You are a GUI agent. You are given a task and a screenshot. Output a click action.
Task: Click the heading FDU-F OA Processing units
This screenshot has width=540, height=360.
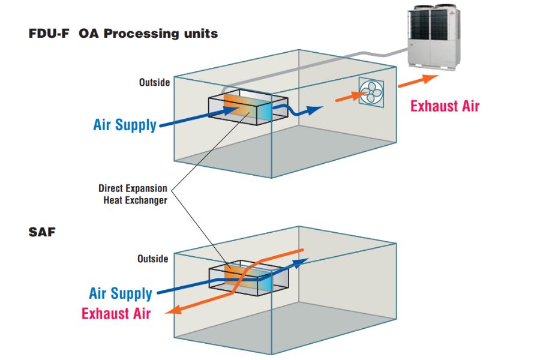(123, 34)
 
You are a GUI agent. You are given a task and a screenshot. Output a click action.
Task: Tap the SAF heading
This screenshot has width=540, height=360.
(42, 232)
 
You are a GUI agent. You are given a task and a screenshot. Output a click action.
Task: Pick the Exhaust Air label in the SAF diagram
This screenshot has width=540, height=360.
(116, 313)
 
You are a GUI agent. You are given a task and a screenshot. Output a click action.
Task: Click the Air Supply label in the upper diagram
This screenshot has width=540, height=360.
(125, 125)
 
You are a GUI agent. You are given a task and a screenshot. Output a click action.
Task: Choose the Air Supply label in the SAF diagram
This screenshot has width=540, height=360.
(120, 293)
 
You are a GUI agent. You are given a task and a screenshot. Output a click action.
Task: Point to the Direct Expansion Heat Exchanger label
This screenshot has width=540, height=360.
(133, 194)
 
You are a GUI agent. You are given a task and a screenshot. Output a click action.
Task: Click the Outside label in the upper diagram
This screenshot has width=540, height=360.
(154, 82)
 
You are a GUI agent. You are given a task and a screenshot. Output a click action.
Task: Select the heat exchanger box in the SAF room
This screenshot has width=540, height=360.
(248, 277)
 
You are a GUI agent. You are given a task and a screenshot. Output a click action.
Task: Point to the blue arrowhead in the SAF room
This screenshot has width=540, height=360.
(303, 261)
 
